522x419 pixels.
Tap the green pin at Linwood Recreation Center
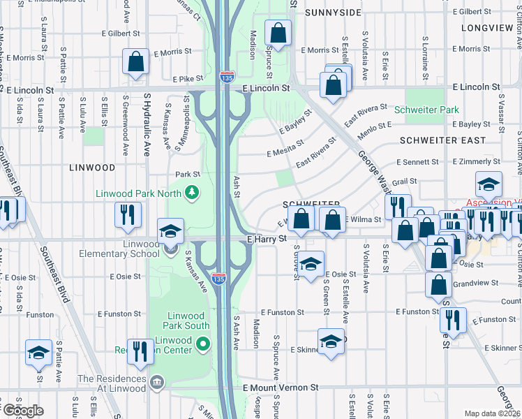pos(203,343)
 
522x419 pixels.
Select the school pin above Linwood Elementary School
pos(170,232)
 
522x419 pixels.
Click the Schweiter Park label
pos(426,110)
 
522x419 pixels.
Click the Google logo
pos(22,411)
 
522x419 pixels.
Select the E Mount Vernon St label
pos(281,387)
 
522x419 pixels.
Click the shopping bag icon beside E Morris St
pos(135,61)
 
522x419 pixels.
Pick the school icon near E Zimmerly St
pos(489,184)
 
